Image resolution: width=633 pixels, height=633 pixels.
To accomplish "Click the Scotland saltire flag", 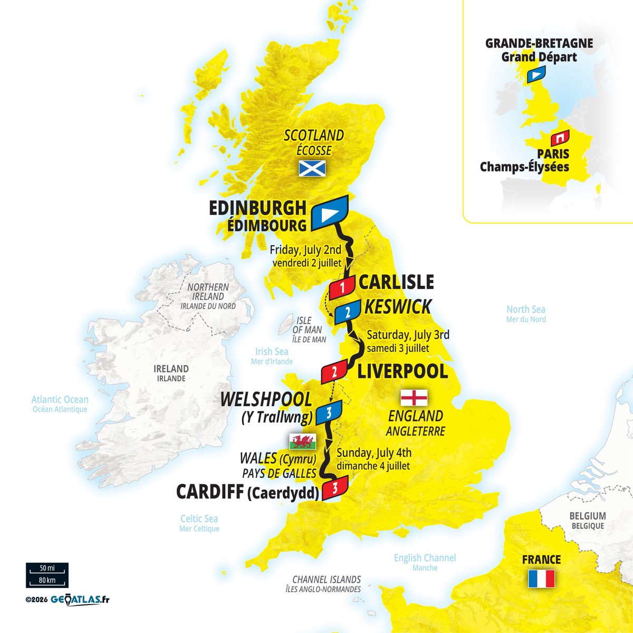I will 312,168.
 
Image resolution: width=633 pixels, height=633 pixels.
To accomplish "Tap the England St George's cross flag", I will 414,397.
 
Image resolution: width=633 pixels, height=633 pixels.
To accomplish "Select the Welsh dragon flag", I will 302,440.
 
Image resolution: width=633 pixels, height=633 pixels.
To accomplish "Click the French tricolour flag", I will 541,579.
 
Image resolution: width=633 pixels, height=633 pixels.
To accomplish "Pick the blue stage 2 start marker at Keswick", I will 347,313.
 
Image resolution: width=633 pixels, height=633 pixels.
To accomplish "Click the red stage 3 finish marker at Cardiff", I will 334,486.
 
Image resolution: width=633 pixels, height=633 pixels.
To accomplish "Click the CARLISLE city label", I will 396,282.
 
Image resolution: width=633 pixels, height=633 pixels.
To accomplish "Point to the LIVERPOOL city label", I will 402,371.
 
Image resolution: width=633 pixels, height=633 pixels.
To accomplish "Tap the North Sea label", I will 526,310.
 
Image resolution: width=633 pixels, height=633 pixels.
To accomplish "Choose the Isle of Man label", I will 309,330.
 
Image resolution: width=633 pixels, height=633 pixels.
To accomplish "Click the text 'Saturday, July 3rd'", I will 408,334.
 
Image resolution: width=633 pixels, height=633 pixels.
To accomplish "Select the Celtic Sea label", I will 199,519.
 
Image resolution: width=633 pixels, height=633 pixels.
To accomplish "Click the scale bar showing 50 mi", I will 47,570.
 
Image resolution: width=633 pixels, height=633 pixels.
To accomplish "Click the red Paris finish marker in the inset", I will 560,138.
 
